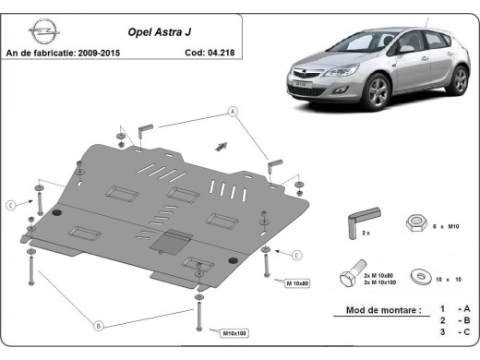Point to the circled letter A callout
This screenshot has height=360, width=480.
[233, 112]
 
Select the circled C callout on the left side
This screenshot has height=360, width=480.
[10, 204]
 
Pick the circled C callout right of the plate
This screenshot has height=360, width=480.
[297, 254]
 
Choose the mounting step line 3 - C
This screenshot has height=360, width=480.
[454, 330]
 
